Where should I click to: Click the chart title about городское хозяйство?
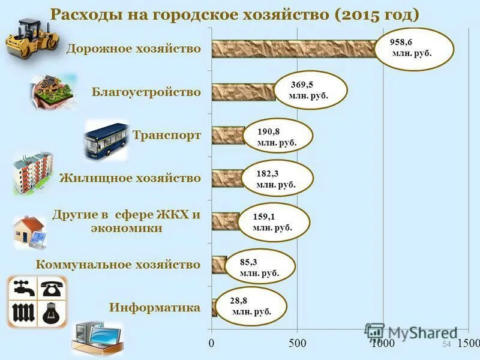click(234, 15)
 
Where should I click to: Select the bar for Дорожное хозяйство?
click(294, 49)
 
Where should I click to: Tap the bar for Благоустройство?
click(243, 92)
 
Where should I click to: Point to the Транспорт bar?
click(228, 135)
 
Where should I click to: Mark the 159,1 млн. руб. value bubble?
click(273, 221)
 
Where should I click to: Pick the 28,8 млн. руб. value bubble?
click(251, 305)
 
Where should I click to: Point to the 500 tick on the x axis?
click(297, 344)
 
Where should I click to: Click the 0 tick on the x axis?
click(212, 344)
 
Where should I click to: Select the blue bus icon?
click(106, 140)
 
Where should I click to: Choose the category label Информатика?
click(155, 308)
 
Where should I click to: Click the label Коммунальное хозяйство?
click(118, 265)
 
